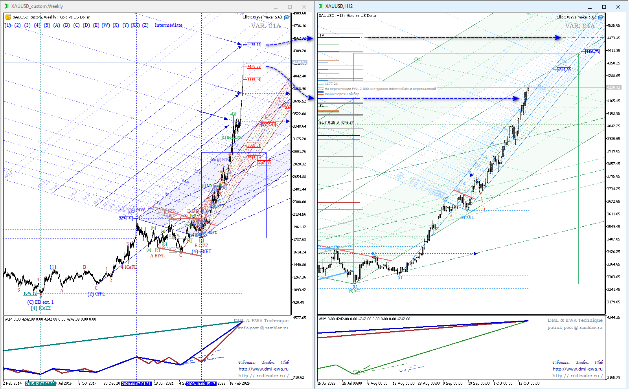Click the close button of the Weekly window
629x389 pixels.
tap(304, 7)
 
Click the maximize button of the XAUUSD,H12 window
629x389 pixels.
tap(604, 7)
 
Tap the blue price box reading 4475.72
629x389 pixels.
tap(254, 45)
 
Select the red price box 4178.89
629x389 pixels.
tap(254, 66)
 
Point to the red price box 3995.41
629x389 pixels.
tap(254, 80)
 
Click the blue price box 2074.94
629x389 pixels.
tap(126, 218)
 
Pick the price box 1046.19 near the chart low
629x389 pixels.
tap(30, 294)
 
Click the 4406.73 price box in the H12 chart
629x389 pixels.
tap(592, 52)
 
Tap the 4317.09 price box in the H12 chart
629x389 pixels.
tap(564, 70)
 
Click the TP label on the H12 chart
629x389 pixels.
tap(322, 35)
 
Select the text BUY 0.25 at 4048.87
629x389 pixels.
tap(337, 123)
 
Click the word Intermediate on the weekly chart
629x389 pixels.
tap(169, 25)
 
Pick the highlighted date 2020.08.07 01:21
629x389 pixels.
tap(136, 383)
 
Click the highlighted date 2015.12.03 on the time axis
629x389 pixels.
tap(41, 383)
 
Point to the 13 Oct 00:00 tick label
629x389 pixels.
tap(529, 383)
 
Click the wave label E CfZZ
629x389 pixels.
tap(201, 246)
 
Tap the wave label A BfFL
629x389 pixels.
tap(157, 256)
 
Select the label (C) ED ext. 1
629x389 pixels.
tap(40, 302)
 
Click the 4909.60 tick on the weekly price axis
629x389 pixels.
tap(300, 13)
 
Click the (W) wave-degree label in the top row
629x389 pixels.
tap(106, 25)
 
